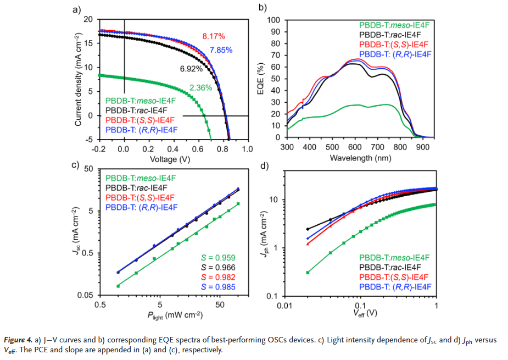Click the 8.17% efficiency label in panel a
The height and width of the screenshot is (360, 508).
[x=214, y=36]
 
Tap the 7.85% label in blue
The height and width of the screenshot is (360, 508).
[x=221, y=51]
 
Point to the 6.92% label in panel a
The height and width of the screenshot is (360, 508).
[x=191, y=70]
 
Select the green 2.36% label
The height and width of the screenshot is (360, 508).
[x=200, y=87]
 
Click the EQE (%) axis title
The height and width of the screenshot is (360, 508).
[x=261, y=79]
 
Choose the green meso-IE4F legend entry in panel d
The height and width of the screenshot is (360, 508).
[x=394, y=257]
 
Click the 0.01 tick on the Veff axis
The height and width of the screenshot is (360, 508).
[x=283, y=305]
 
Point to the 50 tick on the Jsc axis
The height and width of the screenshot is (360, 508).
[x=88, y=169]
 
